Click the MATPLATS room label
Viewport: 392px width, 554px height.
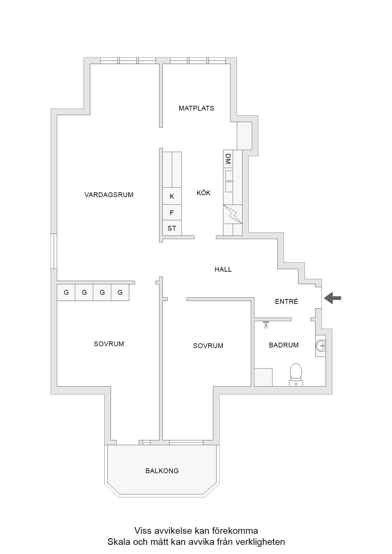click(x=196, y=108)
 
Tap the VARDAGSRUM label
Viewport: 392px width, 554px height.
click(x=109, y=195)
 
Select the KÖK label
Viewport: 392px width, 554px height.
click(x=204, y=193)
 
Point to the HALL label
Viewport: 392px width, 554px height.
click(x=223, y=269)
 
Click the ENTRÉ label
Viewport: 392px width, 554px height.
click(x=287, y=301)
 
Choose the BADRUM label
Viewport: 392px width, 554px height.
click(x=284, y=345)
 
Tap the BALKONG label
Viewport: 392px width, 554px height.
click(x=162, y=471)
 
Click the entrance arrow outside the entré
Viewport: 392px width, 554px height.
click(x=333, y=298)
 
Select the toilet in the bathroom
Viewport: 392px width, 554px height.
click(x=296, y=375)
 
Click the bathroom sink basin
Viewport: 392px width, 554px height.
click(x=320, y=346)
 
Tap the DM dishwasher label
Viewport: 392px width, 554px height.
click(x=228, y=159)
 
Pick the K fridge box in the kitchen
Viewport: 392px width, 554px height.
click(x=172, y=196)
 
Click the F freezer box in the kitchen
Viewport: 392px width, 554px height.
click(x=172, y=213)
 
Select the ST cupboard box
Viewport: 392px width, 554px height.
click(x=172, y=228)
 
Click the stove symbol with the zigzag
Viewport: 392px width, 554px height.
click(x=233, y=214)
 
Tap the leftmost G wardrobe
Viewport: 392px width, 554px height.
click(x=66, y=292)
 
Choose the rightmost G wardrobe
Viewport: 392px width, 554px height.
click(x=120, y=292)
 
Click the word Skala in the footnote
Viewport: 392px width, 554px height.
click(x=117, y=542)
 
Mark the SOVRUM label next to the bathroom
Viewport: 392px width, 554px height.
click(x=208, y=346)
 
